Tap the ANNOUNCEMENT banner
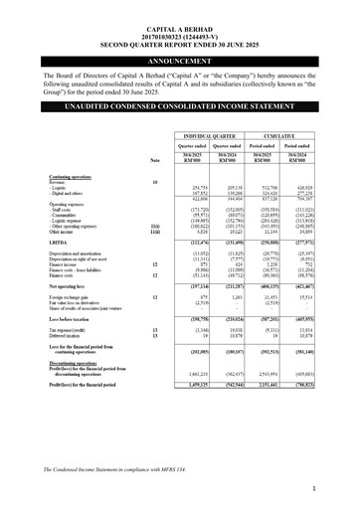[x=179, y=61]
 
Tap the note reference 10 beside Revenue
[x=155, y=182]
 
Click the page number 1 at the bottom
[x=339, y=489]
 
